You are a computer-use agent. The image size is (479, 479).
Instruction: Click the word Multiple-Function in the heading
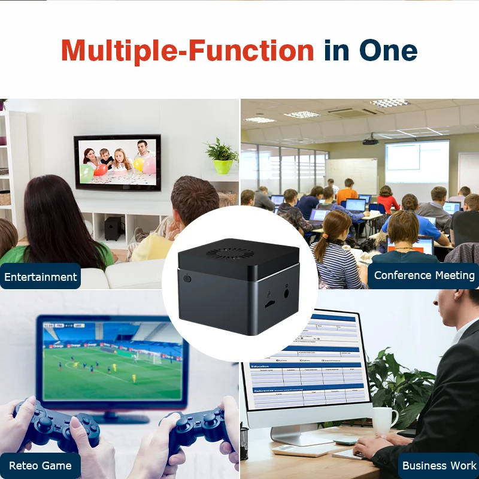(x=187, y=51)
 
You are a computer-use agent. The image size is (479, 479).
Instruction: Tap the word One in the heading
(x=388, y=51)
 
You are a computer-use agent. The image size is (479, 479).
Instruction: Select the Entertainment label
(x=41, y=277)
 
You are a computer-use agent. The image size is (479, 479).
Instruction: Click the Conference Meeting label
(x=424, y=275)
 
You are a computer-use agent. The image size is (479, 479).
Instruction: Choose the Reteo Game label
(x=40, y=465)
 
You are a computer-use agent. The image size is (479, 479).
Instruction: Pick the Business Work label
(x=439, y=465)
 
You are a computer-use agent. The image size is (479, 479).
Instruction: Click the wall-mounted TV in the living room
(x=117, y=162)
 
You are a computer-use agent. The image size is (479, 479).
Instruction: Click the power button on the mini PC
(x=187, y=278)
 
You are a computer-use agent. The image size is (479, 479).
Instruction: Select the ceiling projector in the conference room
(x=370, y=141)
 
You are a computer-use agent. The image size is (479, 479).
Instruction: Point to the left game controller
(x=57, y=425)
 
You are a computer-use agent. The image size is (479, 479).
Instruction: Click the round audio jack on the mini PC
(x=287, y=293)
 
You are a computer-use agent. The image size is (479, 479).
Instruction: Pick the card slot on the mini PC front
(x=270, y=304)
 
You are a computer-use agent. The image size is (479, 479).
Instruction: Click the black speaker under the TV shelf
(x=113, y=228)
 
